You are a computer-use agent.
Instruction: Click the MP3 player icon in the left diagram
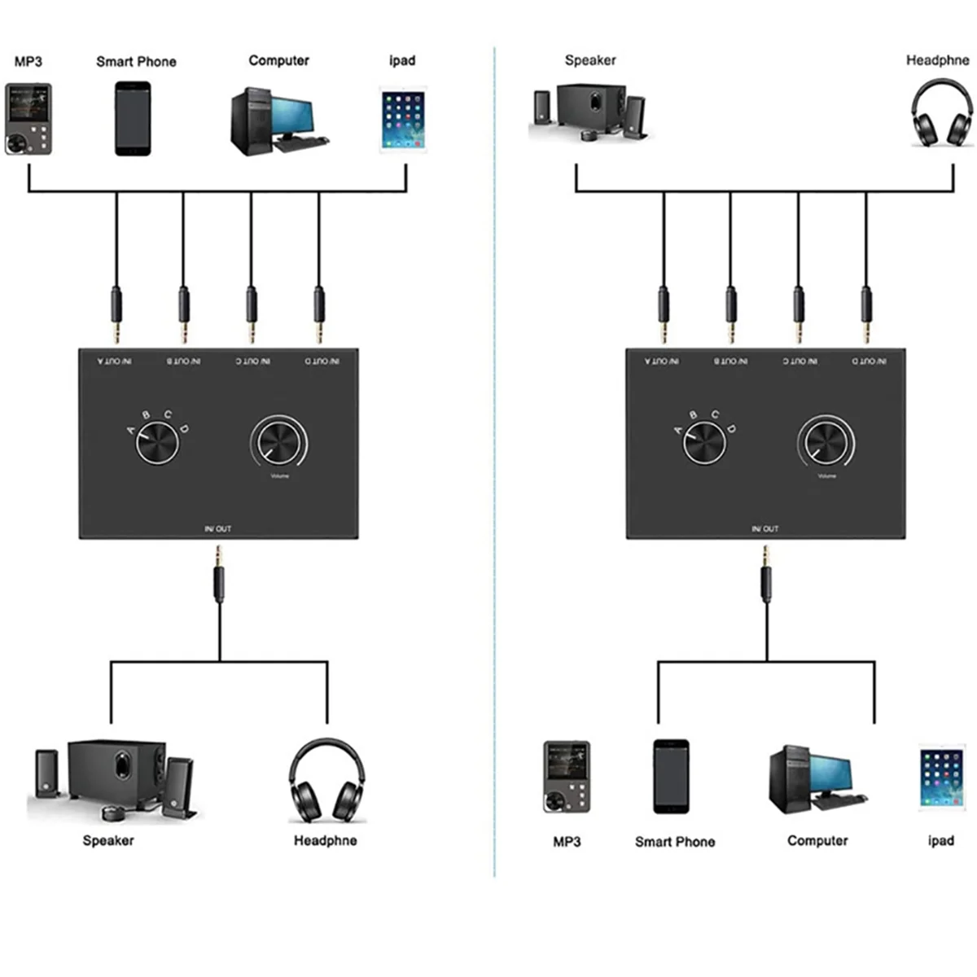[x=28, y=119]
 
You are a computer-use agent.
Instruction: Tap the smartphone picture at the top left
[x=133, y=118]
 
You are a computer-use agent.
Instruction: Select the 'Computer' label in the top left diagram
[x=278, y=60]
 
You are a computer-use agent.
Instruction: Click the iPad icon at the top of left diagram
[x=402, y=120]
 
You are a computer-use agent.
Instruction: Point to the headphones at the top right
[x=940, y=114]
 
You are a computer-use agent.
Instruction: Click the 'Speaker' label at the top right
[x=590, y=60]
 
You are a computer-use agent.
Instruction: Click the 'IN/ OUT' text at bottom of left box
[x=218, y=528]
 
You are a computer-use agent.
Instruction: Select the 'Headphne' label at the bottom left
[x=325, y=840]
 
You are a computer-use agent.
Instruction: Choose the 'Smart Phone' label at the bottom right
[x=675, y=842]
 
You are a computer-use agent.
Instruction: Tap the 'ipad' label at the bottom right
[x=940, y=840]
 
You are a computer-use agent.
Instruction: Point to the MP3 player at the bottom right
[x=567, y=778]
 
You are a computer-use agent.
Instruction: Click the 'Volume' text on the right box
[x=826, y=475]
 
